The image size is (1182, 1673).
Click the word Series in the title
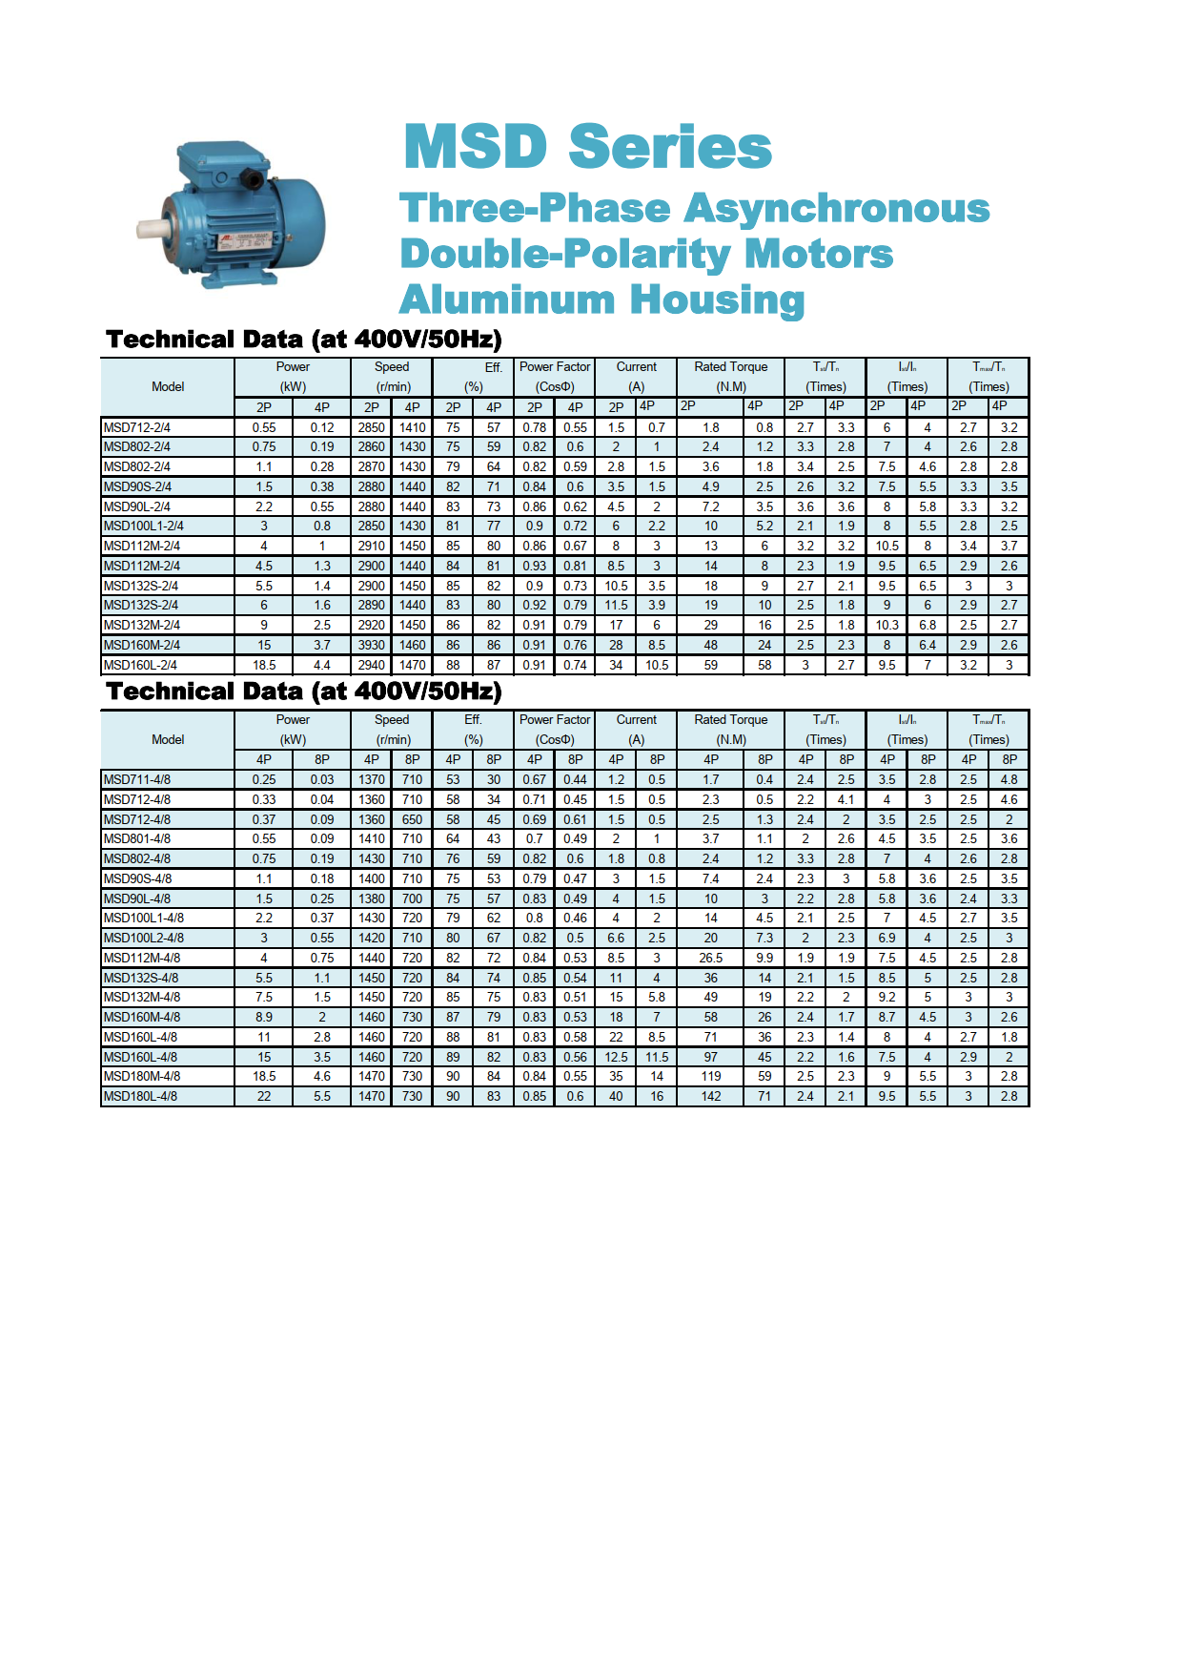point(670,148)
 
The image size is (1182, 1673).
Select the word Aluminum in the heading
point(507,299)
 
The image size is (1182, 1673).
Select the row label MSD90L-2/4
point(137,506)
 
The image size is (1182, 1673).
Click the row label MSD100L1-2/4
point(143,527)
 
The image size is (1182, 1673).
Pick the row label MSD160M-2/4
point(141,645)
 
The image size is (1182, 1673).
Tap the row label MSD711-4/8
point(137,779)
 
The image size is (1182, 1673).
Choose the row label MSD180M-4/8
point(141,1076)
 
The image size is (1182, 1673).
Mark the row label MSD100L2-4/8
point(143,938)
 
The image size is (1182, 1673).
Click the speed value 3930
point(372,645)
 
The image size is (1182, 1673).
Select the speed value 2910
point(372,546)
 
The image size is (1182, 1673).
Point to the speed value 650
point(412,819)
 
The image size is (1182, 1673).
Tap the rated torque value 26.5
point(711,958)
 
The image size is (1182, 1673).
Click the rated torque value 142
point(711,1096)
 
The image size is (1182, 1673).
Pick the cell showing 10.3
point(886,625)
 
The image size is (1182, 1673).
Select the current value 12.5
point(616,1057)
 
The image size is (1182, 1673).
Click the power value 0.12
point(322,427)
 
